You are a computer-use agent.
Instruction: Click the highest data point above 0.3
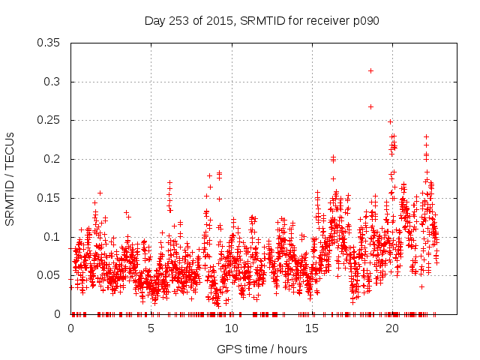tap(370, 70)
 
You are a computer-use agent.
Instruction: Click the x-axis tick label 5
tap(151, 328)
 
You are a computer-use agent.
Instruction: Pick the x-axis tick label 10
tap(232, 328)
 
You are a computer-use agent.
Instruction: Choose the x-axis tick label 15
tap(312, 328)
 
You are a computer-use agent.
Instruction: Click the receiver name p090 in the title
tap(364, 20)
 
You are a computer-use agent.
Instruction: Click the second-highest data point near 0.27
tap(370, 106)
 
